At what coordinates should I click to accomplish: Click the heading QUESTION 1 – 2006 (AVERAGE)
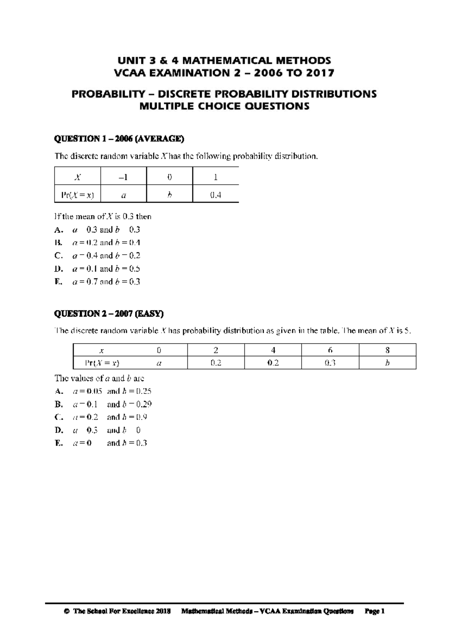tap(119, 139)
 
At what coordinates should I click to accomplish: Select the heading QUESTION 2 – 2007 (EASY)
tap(109, 314)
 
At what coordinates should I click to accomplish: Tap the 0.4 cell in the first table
tap(216, 195)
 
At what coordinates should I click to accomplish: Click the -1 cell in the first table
tap(123, 177)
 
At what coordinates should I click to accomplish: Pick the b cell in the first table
tap(169, 195)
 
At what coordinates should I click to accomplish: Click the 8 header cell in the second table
tap(387, 350)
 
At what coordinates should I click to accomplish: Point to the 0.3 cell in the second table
tap(330, 363)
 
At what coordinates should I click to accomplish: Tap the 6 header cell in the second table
tap(330, 350)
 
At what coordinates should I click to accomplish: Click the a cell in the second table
tap(159, 363)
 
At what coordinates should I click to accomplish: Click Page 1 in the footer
tap(375, 612)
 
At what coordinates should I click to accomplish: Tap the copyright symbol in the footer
tap(67, 612)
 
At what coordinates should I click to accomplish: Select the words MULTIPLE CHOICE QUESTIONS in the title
tap(224, 106)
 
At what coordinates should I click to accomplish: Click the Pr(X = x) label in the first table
tap(77, 195)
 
